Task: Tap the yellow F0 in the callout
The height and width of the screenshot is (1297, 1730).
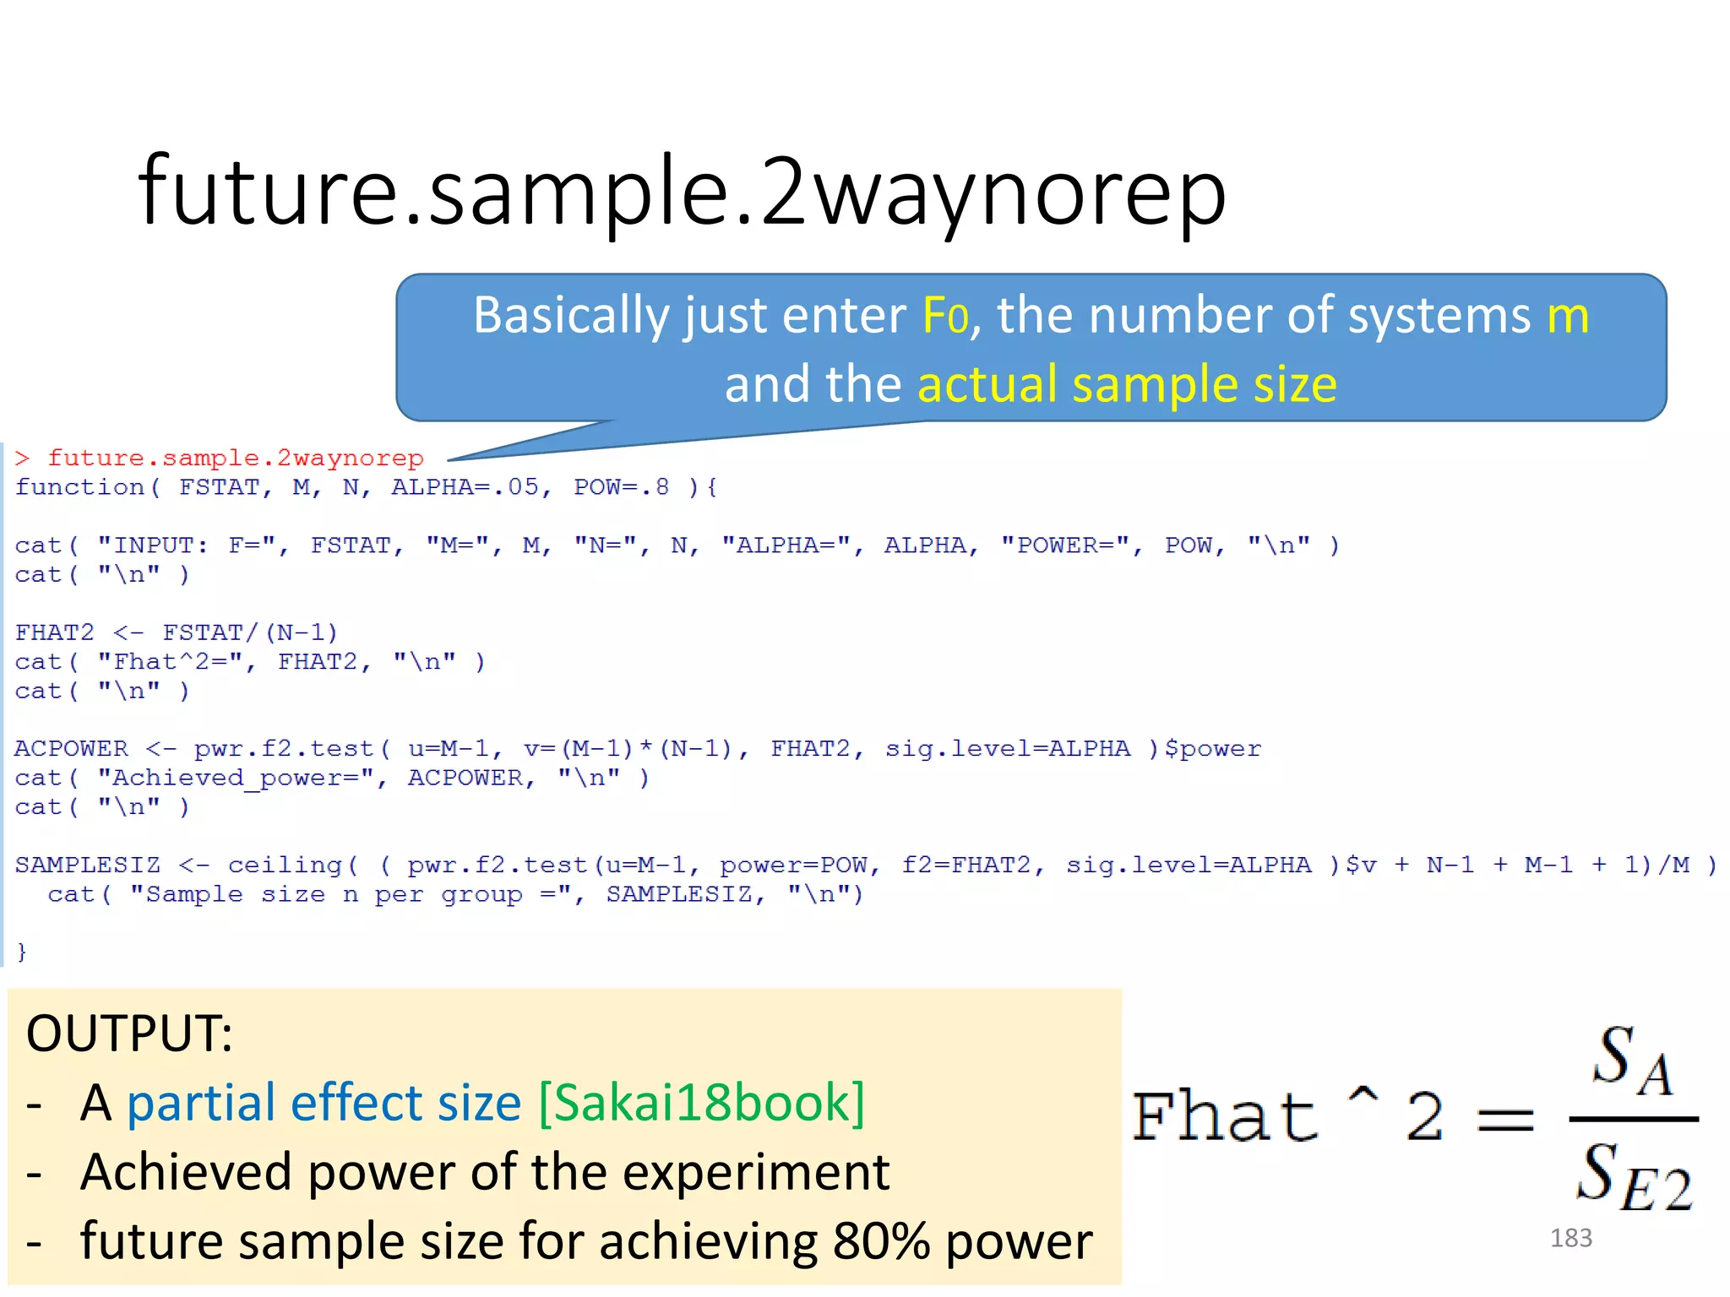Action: (x=944, y=317)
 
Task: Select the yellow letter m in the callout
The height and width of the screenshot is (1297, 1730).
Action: (x=1568, y=317)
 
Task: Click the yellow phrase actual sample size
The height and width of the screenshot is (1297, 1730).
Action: (x=1127, y=385)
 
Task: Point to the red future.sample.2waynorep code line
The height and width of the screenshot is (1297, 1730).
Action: (x=235, y=459)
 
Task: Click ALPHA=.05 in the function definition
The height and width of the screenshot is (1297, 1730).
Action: (x=464, y=487)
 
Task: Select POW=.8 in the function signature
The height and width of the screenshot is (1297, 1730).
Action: (x=621, y=487)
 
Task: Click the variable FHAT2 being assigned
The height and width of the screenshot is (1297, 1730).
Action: (x=54, y=632)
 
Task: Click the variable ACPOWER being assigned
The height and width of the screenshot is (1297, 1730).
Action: (x=71, y=749)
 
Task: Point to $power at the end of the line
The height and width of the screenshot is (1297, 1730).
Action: (x=1212, y=749)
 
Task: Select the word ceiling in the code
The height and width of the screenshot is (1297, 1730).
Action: (x=285, y=866)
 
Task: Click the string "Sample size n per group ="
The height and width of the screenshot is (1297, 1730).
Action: (x=351, y=894)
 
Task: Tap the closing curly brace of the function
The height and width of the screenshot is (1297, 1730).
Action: (x=22, y=952)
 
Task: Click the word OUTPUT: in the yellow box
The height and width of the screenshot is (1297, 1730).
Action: (x=129, y=1033)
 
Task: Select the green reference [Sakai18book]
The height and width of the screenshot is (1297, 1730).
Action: (x=701, y=1103)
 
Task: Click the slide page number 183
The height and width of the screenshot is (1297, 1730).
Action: (x=1570, y=1238)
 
